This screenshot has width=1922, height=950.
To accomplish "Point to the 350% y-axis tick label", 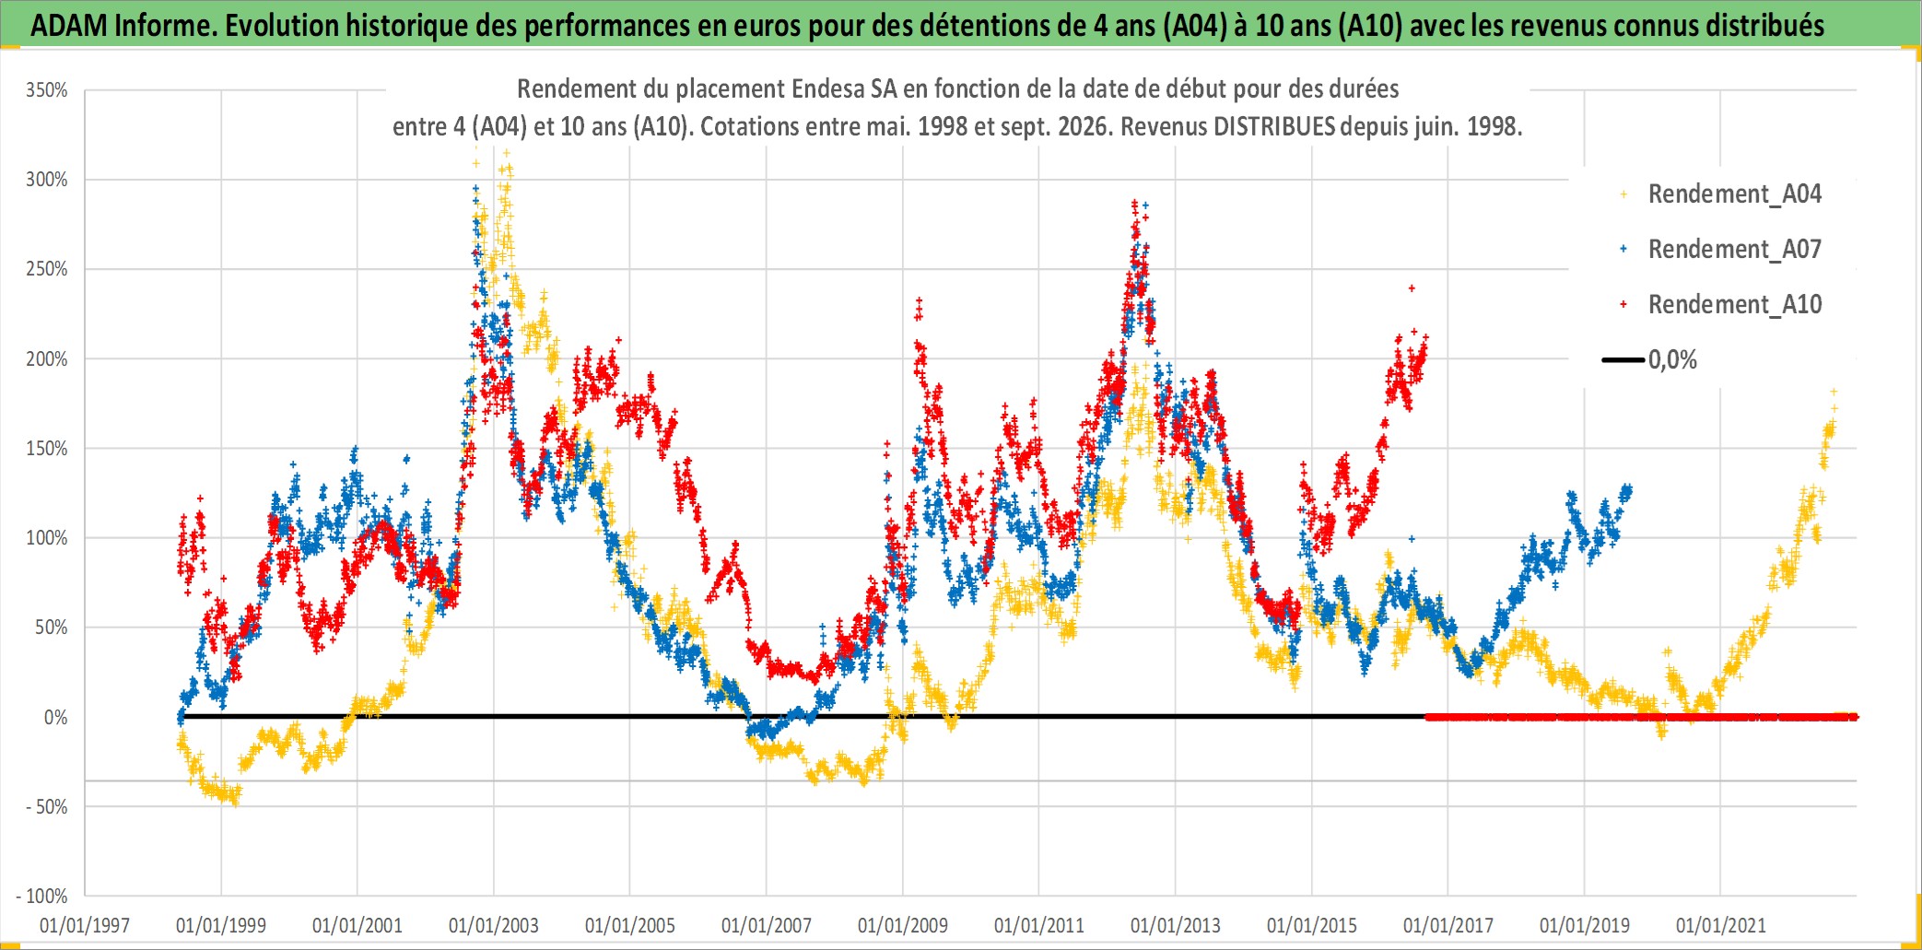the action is (47, 90).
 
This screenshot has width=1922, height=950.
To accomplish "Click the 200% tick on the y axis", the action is (47, 359).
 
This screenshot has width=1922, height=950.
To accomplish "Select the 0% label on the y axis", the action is (55, 718).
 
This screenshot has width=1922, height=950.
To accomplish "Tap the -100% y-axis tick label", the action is (42, 897).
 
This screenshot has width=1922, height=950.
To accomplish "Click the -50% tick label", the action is (47, 807).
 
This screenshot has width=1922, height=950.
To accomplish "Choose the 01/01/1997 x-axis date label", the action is (85, 926).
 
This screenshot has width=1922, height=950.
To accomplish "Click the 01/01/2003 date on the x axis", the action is (494, 926).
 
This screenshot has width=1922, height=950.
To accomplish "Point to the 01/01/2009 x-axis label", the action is (903, 926).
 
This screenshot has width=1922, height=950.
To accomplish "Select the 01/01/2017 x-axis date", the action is (1448, 926).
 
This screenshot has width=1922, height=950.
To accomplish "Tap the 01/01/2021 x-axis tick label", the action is (1721, 926).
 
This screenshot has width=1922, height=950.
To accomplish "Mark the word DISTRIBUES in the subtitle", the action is (1273, 126).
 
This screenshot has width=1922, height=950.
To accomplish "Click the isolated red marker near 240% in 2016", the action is (1412, 288).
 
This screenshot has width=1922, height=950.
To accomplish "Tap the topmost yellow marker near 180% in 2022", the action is (1834, 392).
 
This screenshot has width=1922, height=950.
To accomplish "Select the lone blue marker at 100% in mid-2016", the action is (1412, 539).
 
